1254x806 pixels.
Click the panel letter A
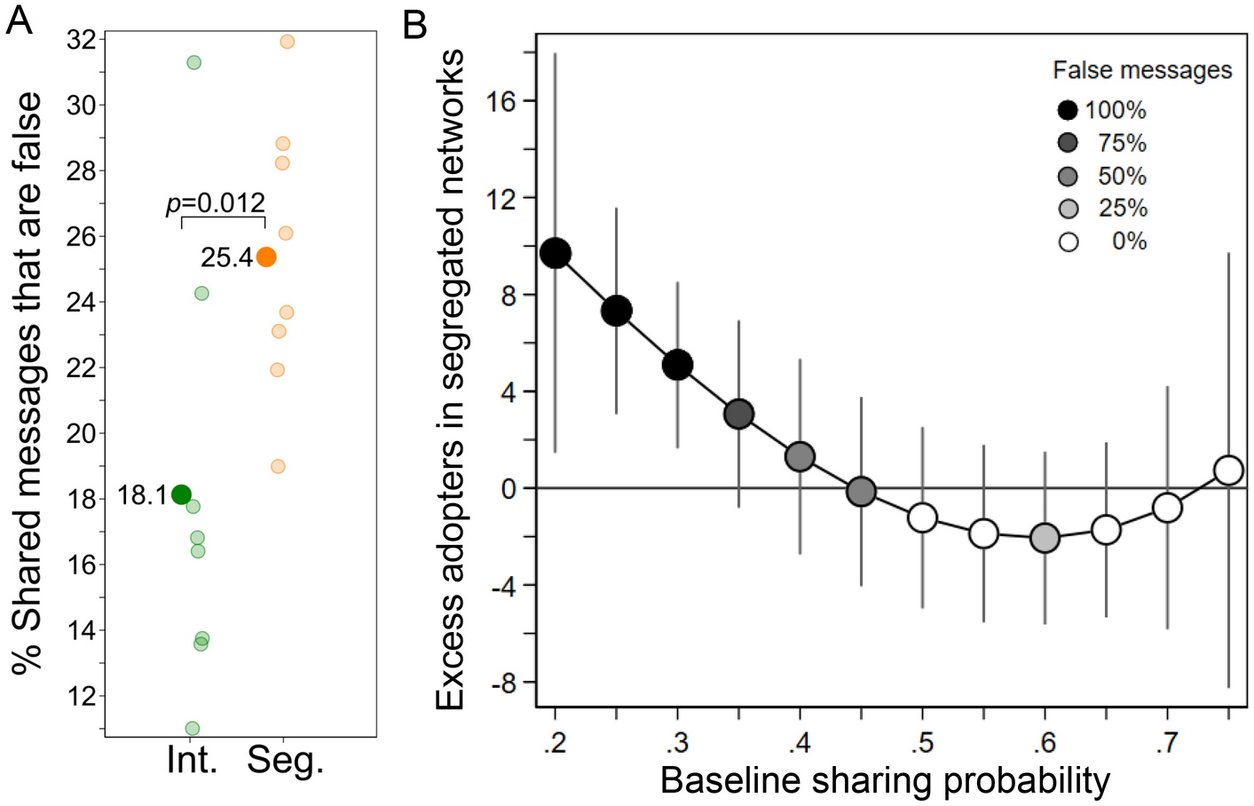pyautogui.click(x=19, y=19)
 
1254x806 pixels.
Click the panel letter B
pyautogui.click(x=414, y=24)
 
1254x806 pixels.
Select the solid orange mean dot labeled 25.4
pyautogui.click(x=265, y=257)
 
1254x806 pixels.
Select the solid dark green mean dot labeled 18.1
pyautogui.click(x=181, y=494)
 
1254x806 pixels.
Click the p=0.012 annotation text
pyautogui.click(x=216, y=203)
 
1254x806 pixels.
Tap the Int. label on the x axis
pyautogui.click(x=192, y=760)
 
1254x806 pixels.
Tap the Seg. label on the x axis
pyautogui.click(x=285, y=760)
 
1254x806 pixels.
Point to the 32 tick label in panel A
pyautogui.click(x=82, y=40)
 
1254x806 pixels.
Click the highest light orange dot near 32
pyautogui.click(x=287, y=42)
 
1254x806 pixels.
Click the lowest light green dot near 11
pyautogui.click(x=192, y=729)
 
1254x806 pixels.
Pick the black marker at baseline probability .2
pyautogui.click(x=556, y=254)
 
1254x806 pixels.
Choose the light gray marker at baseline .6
pyautogui.click(x=1045, y=538)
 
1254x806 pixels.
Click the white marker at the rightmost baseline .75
pyautogui.click(x=1228, y=470)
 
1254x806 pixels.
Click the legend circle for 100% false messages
pyautogui.click(x=1068, y=110)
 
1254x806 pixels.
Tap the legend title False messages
pyautogui.click(x=1142, y=70)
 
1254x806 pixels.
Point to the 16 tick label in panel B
pyautogui.click(x=501, y=101)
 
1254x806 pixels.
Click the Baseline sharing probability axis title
pyautogui.click(x=885, y=781)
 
